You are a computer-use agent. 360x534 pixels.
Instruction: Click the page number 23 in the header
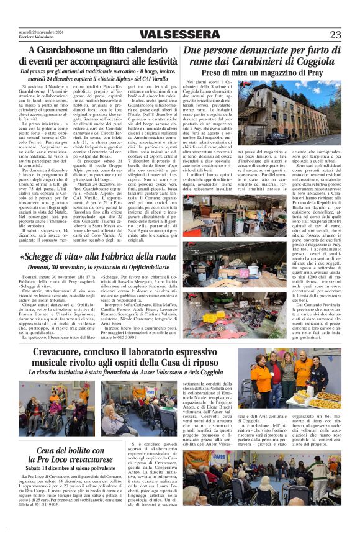pyautogui.click(x=335, y=35)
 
